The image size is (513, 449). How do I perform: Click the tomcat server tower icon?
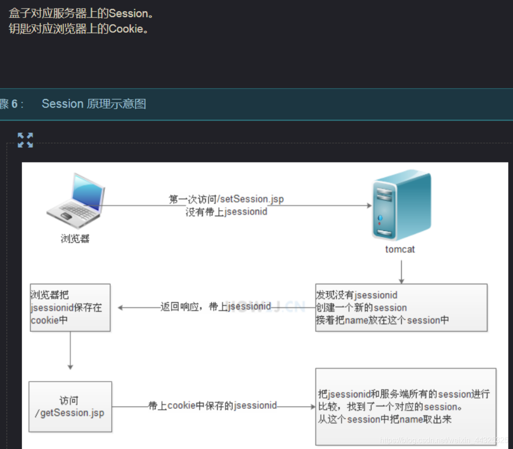pos(401,206)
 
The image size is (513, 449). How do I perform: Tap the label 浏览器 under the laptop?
pos(75,239)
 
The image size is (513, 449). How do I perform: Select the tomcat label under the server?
pos(400,249)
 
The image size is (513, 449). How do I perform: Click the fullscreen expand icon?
pos(26,140)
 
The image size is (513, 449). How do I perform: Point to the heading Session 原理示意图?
pos(94,104)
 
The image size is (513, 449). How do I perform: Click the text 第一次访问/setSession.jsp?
pos(226,199)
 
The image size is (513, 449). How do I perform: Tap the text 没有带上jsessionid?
pos(226,212)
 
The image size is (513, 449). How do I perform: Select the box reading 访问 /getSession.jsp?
pos(70,406)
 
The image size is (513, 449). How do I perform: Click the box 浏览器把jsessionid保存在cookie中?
pos(70,307)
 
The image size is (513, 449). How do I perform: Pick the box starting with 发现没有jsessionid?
pos(401,307)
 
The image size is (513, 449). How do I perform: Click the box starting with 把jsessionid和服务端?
pos(406,406)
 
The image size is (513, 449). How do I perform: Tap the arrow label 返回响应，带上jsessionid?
pos(216,306)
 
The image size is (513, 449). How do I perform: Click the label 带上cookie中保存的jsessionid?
pos(212,406)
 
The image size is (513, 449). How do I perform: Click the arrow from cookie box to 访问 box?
pos(71,350)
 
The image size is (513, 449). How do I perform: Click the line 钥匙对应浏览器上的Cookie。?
pos(79,29)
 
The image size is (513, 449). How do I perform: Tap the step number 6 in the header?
pos(15,104)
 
